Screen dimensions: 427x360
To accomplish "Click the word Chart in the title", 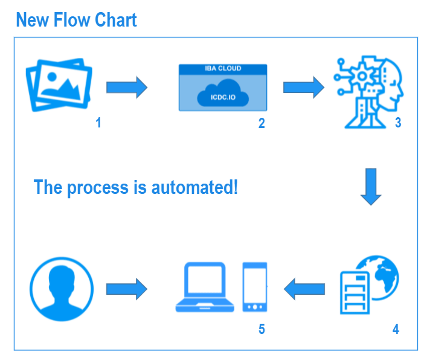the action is (x=116, y=19).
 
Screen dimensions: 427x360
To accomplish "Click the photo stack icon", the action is (x=59, y=85).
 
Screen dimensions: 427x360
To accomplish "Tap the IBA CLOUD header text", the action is (x=223, y=68).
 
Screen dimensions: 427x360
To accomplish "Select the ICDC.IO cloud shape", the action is (x=223, y=93).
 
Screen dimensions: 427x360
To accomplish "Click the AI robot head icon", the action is (x=368, y=92).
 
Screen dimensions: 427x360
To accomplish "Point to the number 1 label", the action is (x=98, y=123).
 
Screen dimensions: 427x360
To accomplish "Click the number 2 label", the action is (x=262, y=123).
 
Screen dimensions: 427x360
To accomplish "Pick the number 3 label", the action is (x=398, y=123).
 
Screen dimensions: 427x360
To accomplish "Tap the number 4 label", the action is (x=396, y=329).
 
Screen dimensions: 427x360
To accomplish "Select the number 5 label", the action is (x=262, y=329).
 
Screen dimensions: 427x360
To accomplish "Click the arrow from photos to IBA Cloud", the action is (x=127, y=88).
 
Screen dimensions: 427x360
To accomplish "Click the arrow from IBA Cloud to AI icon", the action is (x=304, y=88).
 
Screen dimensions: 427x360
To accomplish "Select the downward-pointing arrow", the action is (x=371, y=187).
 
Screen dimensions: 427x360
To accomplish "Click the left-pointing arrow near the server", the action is (x=304, y=289).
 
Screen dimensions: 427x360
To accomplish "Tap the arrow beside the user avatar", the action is (x=127, y=289).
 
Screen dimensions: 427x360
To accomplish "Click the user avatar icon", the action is (x=62, y=289).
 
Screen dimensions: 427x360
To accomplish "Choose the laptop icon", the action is (x=205, y=287).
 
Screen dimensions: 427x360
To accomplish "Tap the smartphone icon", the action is (x=255, y=287).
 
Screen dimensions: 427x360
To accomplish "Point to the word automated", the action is (x=194, y=187).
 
